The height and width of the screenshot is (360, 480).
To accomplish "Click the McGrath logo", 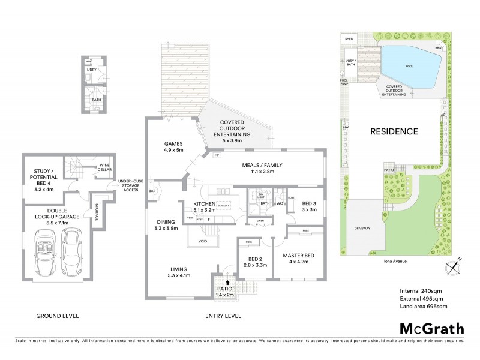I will (x=431, y=328).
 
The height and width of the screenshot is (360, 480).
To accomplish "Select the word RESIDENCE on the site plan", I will (x=393, y=131).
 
